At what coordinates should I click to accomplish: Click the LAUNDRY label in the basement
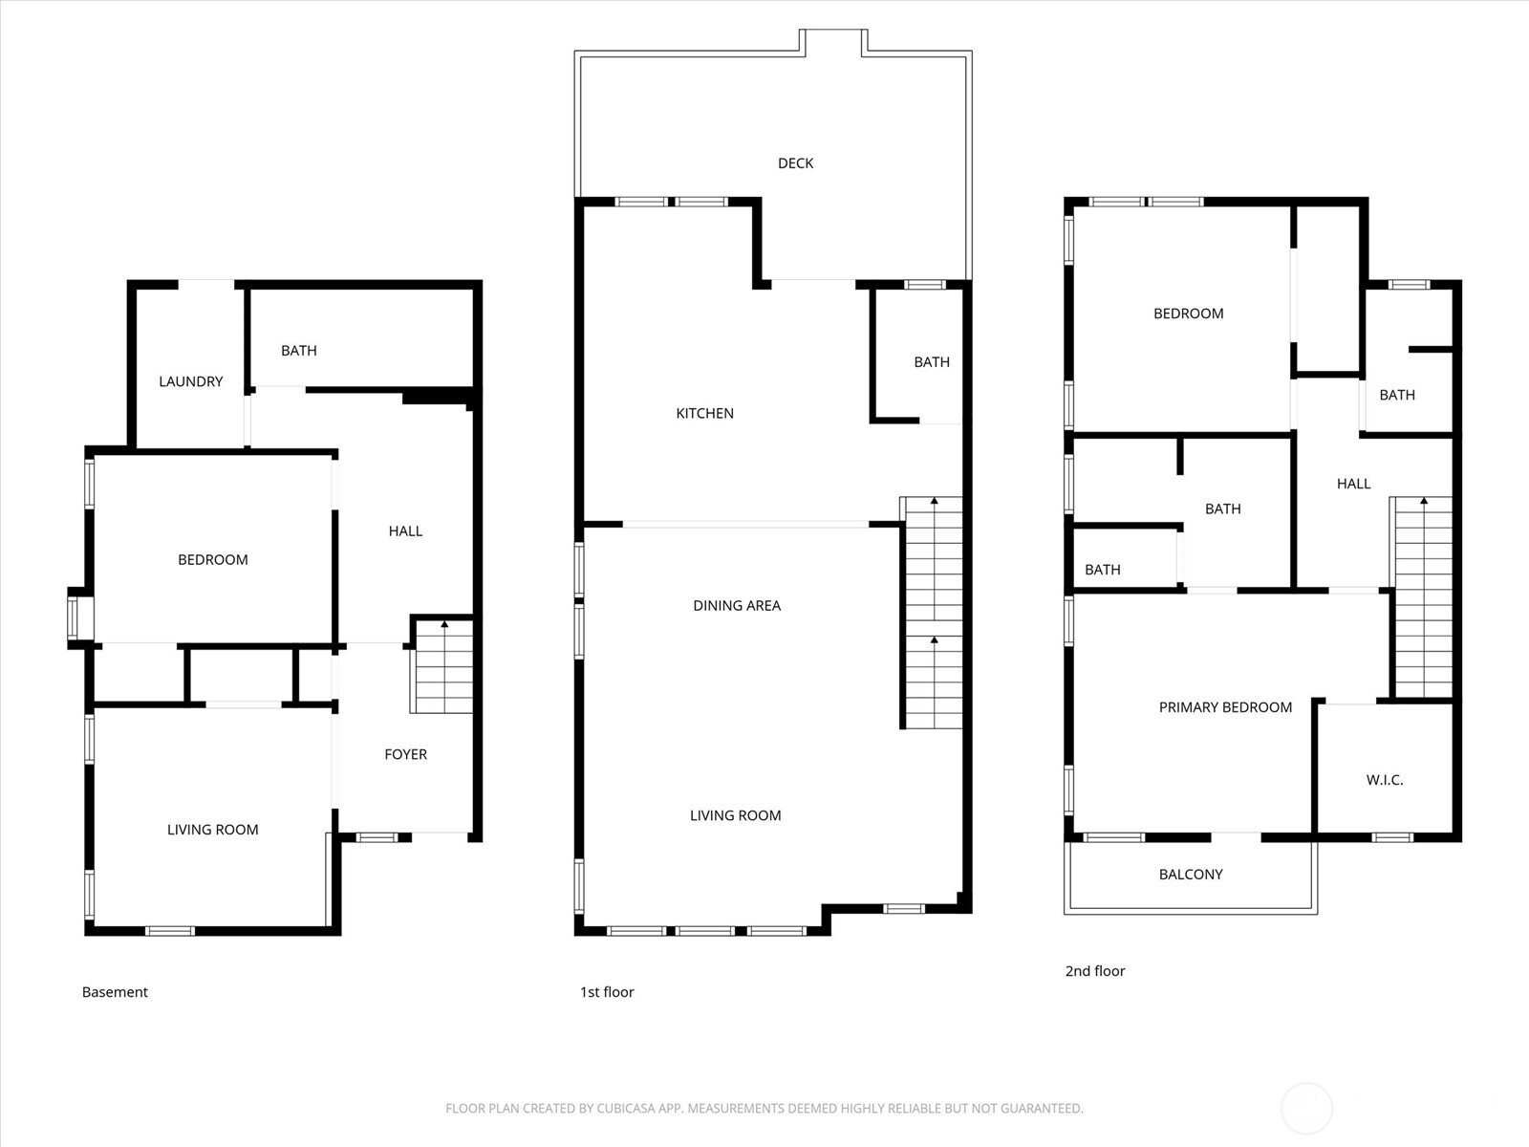pyautogui.click(x=190, y=381)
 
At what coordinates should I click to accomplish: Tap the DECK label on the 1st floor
pyautogui.click(x=795, y=163)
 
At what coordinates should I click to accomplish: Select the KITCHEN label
pyautogui.click(x=704, y=414)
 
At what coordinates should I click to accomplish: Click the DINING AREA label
pyautogui.click(x=736, y=605)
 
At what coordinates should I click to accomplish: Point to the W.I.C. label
pyautogui.click(x=1384, y=780)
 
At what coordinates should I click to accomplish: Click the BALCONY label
pyautogui.click(x=1190, y=875)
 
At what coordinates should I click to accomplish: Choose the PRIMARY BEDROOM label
pyautogui.click(x=1224, y=707)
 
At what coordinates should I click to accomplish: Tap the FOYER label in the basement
pyautogui.click(x=405, y=754)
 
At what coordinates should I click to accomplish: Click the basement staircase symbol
pyautogui.click(x=442, y=666)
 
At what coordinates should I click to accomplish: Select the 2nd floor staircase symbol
pyautogui.click(x=1423, y=597)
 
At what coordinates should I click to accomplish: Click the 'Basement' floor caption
pyautogui.click(x=115, y=992)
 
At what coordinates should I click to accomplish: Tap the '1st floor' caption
pyautogui.click(x=607, y=992)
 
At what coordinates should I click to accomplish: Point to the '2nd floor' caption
pyautogui.click(x=1095, y=971)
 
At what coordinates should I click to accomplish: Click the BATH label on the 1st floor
pyautogui.click(x=931, y=362)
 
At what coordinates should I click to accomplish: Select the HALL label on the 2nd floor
pyautogui.click(x=1353, y=484)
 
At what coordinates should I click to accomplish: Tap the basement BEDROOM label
pyautogui.click(x=212, y=560)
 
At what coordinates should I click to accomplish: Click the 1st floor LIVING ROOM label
pyautogui.click(x=735, y=815)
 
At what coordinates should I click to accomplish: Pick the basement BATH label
pyautogui.click(x=298, y=351)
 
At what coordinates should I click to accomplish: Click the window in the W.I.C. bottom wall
pyautogui.click(x=1392, y=837)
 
